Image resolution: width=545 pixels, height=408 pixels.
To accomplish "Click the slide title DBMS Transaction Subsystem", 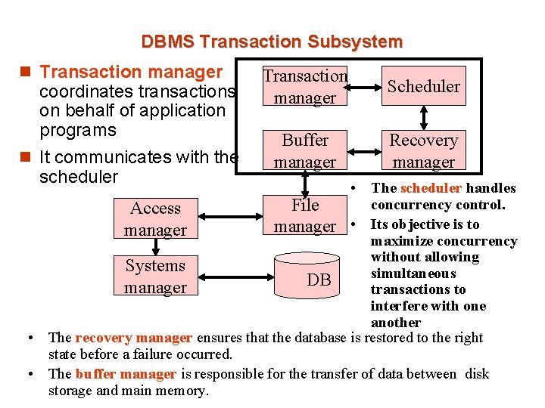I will (272, 42).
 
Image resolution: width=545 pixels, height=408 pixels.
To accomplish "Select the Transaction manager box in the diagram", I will (305, 86).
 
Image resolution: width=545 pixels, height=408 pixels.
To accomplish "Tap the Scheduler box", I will (424, 86).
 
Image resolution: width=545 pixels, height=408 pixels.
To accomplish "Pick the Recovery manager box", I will (424, 150).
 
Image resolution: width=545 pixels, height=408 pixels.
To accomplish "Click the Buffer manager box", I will (305, 150).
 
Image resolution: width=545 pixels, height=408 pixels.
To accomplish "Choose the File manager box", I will (305, 215).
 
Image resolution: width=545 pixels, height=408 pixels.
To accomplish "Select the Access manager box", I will (155, 218).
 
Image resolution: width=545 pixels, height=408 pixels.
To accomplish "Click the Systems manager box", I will (155, 277).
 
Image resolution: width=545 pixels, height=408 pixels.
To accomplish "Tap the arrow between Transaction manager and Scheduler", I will (366, 85).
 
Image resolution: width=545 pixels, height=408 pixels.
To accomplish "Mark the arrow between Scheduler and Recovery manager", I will (424, 117).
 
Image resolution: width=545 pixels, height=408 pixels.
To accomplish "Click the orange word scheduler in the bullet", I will (431, 188).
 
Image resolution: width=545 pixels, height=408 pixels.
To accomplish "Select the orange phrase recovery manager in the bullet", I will (134, 338).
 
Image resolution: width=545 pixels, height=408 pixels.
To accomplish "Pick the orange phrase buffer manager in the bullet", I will (126, 374).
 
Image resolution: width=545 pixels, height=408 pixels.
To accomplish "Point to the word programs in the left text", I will (78, 130).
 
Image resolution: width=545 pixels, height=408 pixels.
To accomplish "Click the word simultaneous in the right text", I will (413, 274).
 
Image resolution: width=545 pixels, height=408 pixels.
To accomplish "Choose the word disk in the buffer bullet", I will (478, 374).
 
